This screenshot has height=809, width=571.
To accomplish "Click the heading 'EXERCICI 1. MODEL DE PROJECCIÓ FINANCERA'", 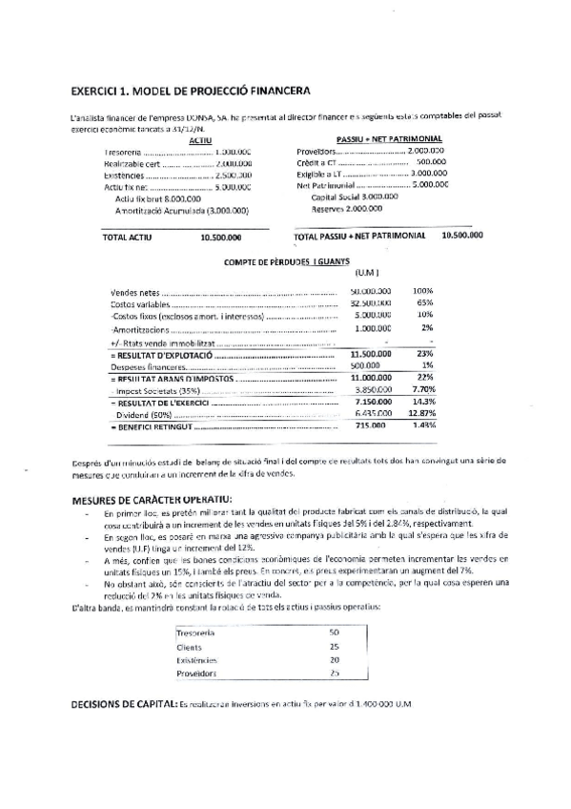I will pyautogui.click(x=190, y=92).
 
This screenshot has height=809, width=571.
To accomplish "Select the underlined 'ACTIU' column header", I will pyautogui.click(x=200, y=140).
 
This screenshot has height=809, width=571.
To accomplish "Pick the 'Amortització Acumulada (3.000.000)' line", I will pyautogui.click(x=181, y=210).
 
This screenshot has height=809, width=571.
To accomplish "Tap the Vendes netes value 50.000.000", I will pyautogui.click(x=371, y=290).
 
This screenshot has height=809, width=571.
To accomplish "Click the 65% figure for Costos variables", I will pyautogui.click(x=424, y=302).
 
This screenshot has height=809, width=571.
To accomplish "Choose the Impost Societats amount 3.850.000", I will pyautogui.click(x=373, y=390).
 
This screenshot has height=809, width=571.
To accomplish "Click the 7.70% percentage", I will pyautogui.click(x=422, y=390).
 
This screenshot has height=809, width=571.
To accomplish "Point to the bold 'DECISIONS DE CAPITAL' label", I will pyautogui.click(x=124, y=703).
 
